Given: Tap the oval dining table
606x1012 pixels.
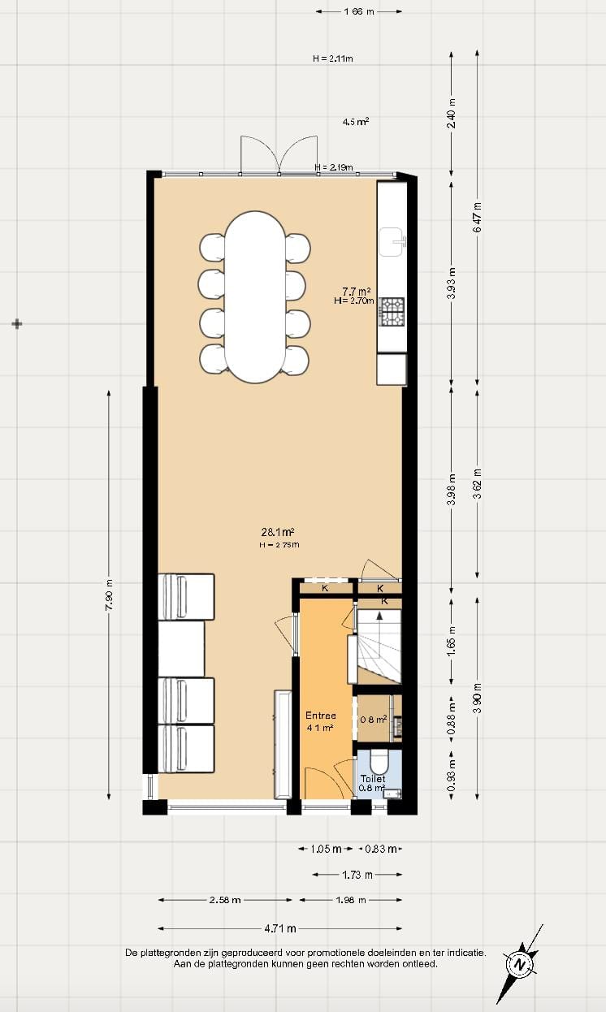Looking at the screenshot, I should point(254,296).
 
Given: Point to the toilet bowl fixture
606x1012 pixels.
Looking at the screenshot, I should point(379,763).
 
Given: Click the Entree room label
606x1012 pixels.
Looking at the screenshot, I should point(321,716).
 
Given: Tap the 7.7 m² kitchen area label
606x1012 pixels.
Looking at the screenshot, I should point(356,291).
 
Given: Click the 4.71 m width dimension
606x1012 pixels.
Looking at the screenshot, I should point(279,928).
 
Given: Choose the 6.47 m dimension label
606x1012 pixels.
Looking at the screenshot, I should point(478,218).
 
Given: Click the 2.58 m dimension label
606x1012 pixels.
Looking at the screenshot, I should point(224,900).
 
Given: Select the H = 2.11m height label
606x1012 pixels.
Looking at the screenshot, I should point(333,58).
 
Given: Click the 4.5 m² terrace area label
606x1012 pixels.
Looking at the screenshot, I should point(356,121).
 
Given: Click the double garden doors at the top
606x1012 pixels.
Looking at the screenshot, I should point(279,155).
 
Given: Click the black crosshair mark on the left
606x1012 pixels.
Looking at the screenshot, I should point(17,324).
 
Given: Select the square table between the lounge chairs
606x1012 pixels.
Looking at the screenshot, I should point(181,648).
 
